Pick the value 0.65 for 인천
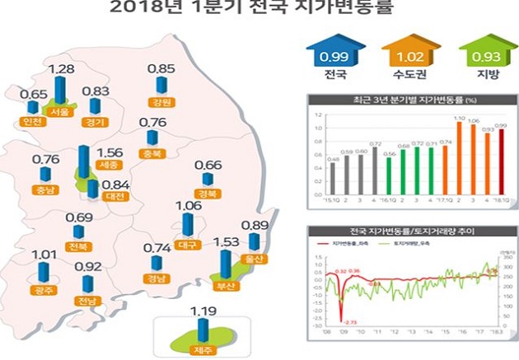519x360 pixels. coord(30,94)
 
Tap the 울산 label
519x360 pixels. coord(255,258)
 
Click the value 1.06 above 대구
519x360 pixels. coord(189,205)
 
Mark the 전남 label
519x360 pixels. coord(86,301)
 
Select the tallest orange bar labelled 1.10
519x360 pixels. coord(459,156)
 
